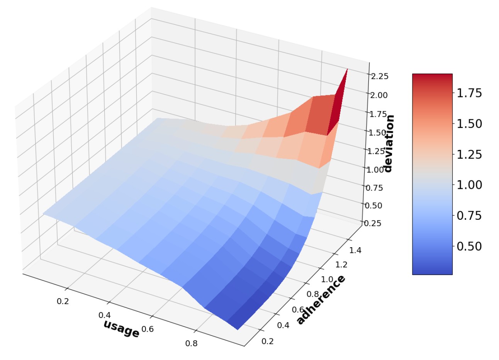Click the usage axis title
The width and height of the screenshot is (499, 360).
121,329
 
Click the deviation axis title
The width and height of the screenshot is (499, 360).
389,143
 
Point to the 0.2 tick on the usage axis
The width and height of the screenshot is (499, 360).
63,301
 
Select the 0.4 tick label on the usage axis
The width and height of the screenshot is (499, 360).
105,315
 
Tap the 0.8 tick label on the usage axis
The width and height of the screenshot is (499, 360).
191,343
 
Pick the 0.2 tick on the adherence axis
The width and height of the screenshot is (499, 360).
267,341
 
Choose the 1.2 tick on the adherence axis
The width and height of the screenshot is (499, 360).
341,264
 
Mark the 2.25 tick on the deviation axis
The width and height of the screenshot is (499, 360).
379,76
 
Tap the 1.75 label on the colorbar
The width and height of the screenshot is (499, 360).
469,93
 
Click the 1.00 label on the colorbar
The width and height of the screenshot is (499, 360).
469,185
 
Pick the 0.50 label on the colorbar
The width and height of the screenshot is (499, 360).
469,246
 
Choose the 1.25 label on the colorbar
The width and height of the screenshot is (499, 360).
469,155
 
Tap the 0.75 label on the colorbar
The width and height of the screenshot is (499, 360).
469,216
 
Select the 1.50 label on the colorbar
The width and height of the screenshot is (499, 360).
469,124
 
